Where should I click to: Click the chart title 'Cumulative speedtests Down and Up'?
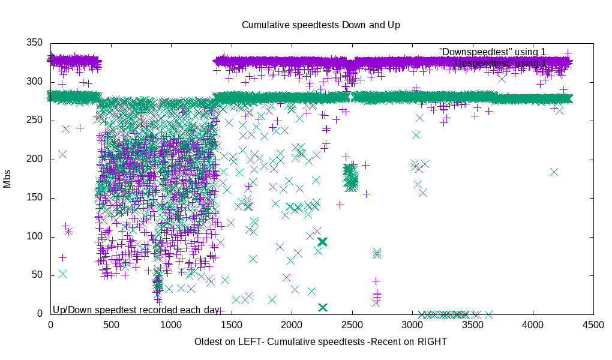point(320,25)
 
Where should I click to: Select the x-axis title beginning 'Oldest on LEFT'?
point(320,341)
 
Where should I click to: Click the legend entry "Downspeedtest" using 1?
point(492,52)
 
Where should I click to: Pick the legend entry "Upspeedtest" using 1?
point(499,63)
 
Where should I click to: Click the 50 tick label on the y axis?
point(38,275)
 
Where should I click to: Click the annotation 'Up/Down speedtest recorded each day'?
point(136,310)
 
